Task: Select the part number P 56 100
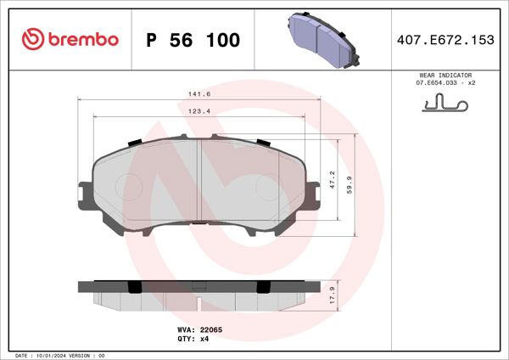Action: [193, 41]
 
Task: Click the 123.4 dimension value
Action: [199, 110]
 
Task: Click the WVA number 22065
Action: [212, 329]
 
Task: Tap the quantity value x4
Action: [204, 338]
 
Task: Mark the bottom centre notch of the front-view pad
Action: [198, 222]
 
